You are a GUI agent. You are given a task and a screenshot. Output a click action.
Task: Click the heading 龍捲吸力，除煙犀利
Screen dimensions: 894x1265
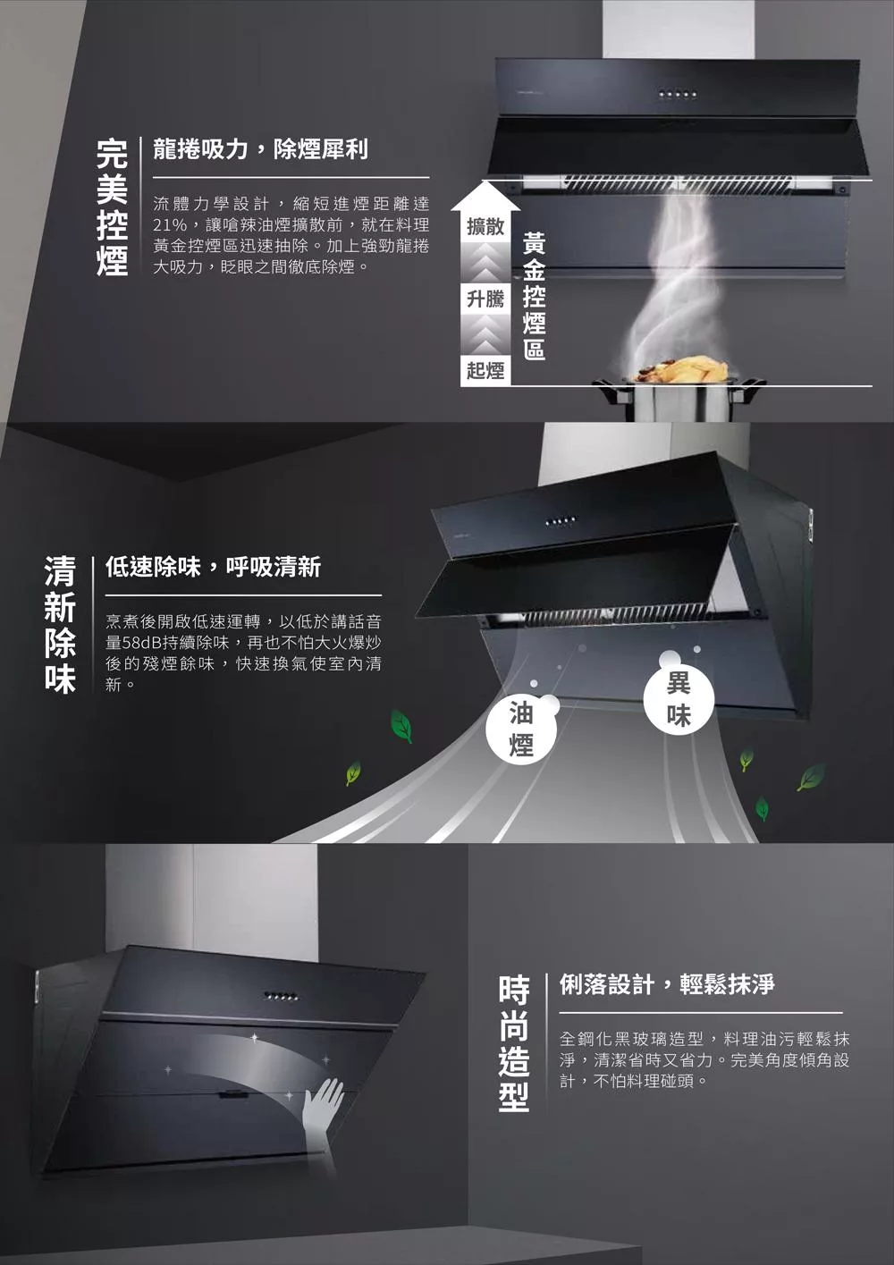tap(260, 149)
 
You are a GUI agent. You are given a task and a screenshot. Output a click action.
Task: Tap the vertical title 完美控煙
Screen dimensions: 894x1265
tap(112, 207)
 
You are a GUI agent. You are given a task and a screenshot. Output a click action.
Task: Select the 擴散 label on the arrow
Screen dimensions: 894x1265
tap(485, 226)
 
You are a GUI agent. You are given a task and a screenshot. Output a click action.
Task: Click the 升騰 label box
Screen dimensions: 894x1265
tap(485, 299)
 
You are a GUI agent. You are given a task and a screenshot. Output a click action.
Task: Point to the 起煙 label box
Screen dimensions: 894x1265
tap(485, 370)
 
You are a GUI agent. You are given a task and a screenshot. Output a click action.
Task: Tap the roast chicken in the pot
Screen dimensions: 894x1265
tap(687, 370)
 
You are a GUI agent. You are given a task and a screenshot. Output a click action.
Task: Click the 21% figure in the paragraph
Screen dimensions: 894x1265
tap(170, 225)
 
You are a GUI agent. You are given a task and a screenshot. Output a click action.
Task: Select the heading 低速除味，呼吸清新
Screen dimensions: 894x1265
tap(213, 567)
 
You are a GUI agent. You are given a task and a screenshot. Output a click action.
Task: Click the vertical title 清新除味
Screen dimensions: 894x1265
tap(60, 624)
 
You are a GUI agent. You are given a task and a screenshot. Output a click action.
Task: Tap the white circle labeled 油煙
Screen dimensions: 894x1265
tap(521, 729)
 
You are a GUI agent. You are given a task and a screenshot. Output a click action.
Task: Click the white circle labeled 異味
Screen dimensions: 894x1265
tap(679, 698)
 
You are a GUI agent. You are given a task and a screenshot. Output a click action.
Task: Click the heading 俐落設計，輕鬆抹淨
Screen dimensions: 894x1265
tap(667, 984)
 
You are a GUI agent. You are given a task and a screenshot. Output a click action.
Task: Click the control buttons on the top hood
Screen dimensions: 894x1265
tap(678, 94)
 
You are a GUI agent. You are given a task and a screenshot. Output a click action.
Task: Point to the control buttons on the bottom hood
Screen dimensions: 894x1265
tap(281, 997)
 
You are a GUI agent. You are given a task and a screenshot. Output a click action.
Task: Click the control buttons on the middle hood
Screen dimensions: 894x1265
tap(561, 520)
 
